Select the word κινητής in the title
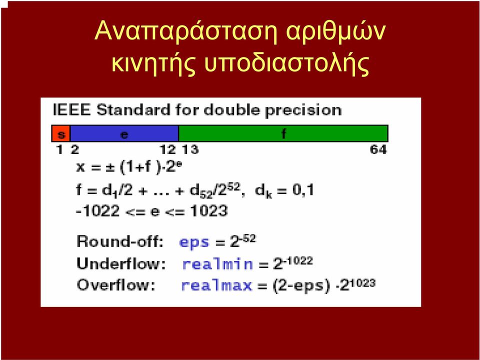pyautogui.click(x=153, y=63)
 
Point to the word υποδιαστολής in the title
pyautogui.click(x=286, y=63)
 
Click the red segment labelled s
pyautogui.click(x=61, y=133)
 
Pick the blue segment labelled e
pyautogui.click(x=124, y=133)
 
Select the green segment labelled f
pyautogui.click(x=283, y=133)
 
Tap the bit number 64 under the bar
pyautogui.click(x=378, y=149)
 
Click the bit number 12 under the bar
pyautogui.click(x=168, y=149)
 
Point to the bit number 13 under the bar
pyautogui.click(x=190, y=149)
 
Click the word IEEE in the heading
pyautogui.click(x=72, y=110)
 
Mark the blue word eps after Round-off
pyautogui.click(x=194, y=242)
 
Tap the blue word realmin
pyautogui.click(x=217, y=264)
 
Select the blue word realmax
pyautogui.click(x=216, y=285)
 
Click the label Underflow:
pyautogui.click(x=121, y=263)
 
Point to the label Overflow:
pyautogui.click(x=116, y=285)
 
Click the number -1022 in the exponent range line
pyautogui.click(x=97, y=211)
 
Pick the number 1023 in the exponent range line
pyautogui.click(x=209, y=211)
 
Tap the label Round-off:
pyautogui.click(x=120, y=241)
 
